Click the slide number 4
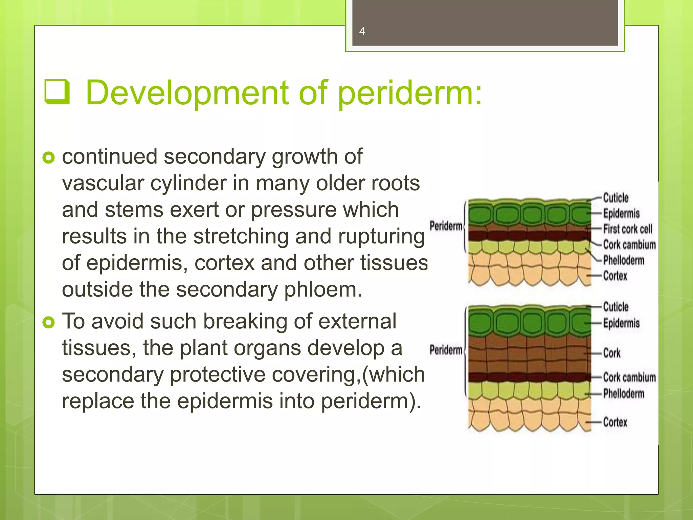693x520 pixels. (x=362, y=31)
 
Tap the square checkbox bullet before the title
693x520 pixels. (x=57, y=92)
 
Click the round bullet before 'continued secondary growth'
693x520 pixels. (x=49, y=157)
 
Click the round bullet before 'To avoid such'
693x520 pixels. (x=49, y=322)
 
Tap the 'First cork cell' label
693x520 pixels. (x=628, y=229)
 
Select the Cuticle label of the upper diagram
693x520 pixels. (x=616, y=198)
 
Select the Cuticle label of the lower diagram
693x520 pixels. (x=616, y=307)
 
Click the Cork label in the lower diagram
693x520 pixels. (x=612, y=353)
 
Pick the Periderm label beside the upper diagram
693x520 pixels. (x=446, y=226)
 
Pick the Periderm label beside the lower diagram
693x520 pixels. (x=446, y=350)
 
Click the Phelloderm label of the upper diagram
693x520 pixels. (x=624, y=260)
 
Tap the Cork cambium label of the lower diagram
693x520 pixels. (x=629, y=377)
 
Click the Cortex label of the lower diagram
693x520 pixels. (x=615, y=422)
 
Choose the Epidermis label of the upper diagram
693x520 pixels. (x=621, y=214)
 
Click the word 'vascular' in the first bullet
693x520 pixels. (x=103, y=183)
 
